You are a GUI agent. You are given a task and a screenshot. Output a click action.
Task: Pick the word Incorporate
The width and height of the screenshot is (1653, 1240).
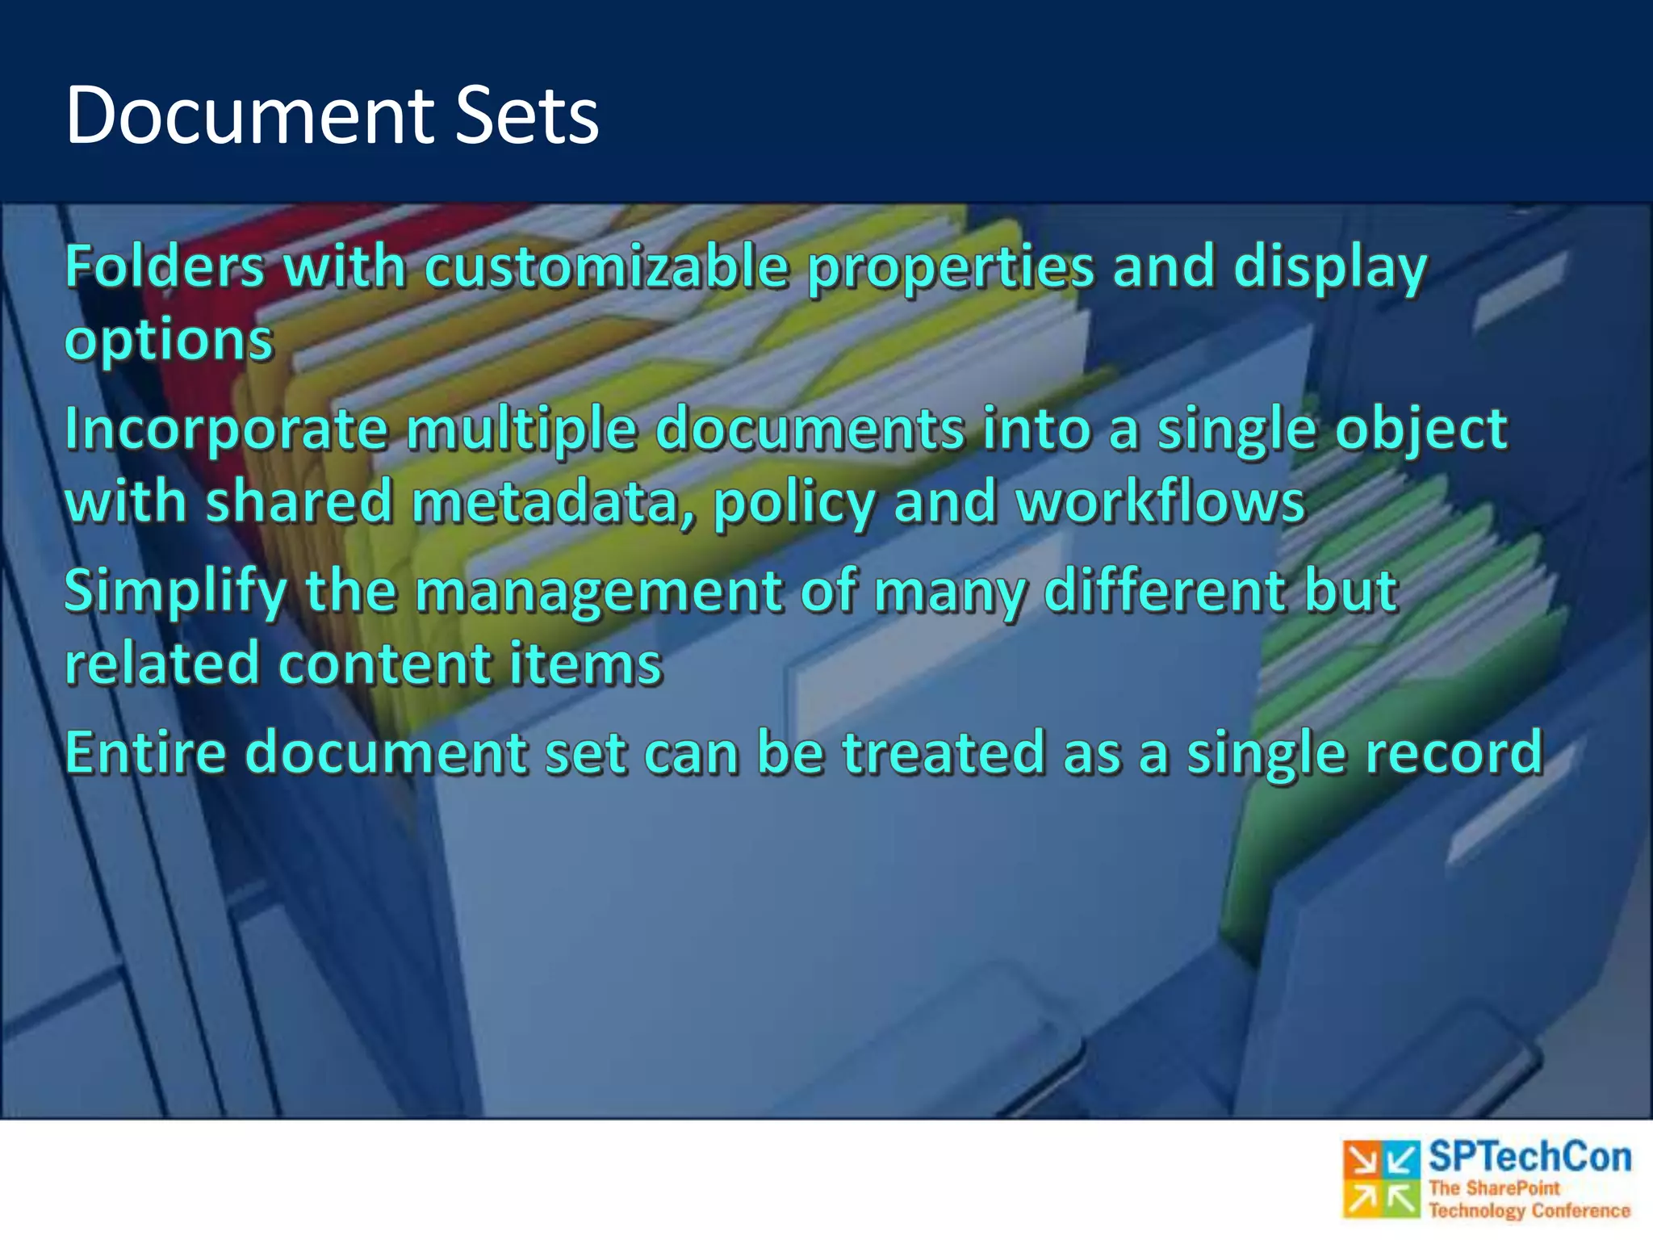pos(226,429)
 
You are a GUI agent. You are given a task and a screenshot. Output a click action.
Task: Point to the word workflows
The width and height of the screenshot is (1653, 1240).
pos(1160,502)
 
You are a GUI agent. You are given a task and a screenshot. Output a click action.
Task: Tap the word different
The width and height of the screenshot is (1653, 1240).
pos(1164,590)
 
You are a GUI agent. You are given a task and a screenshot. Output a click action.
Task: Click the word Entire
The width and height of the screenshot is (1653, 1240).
pos(145,752)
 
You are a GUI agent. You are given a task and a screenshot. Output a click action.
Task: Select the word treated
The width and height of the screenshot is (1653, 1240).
pos(944,752)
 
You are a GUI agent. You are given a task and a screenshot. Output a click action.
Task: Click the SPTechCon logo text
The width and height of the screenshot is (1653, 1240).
pos(1530,1158)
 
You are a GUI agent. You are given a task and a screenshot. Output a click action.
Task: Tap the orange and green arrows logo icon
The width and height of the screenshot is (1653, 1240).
pos(1381,1179)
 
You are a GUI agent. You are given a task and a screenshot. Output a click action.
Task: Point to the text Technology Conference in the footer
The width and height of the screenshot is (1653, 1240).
pos(1530,1210)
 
